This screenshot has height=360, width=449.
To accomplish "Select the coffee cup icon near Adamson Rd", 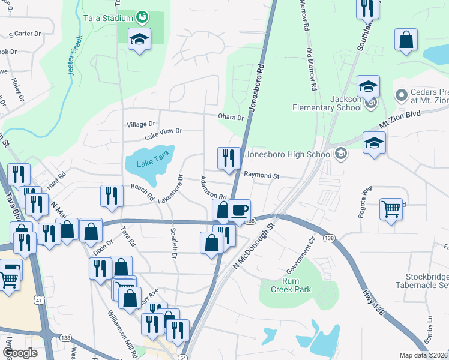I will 240,211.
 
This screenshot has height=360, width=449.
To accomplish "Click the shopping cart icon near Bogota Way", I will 391,210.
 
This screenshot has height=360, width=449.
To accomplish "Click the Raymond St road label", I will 262,175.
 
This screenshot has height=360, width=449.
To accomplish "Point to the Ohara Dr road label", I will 232,118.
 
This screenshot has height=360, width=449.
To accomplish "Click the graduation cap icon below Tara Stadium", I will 140,40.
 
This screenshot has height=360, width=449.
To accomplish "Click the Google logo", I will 20,353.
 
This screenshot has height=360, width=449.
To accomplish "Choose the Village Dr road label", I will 141,124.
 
